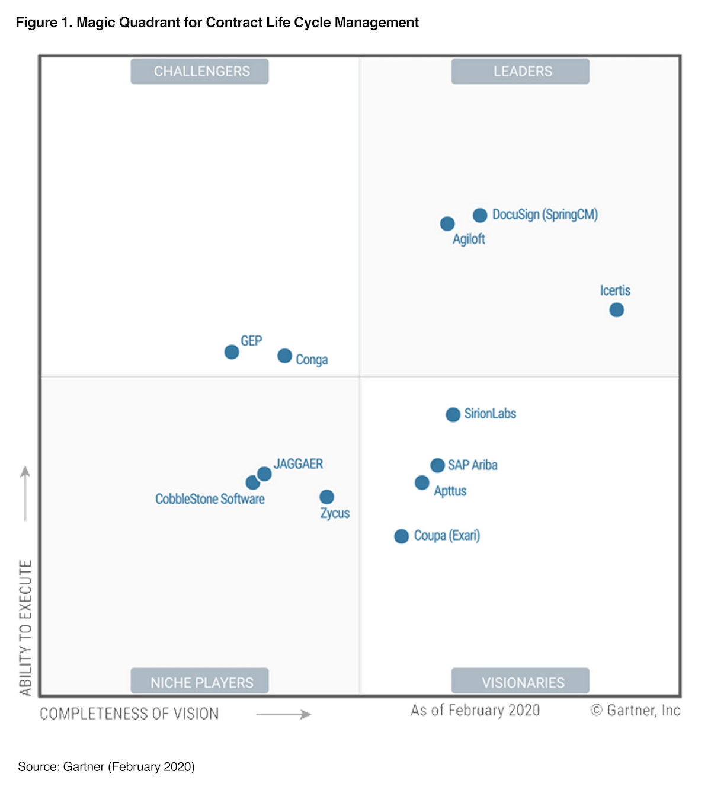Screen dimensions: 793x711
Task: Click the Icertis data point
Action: (x=616, y=310)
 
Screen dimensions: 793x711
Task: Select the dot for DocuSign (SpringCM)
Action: (x=480, y=215)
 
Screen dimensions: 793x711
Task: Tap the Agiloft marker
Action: (x=447, y=224)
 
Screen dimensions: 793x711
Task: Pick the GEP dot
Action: (x=232, y=352)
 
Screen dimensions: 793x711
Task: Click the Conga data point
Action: (x=285, y=356)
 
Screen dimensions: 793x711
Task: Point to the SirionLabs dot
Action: (x=453, y=415)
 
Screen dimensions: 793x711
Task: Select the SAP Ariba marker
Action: (x=437, y=466)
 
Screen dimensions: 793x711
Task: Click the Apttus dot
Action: (x=422, y=483)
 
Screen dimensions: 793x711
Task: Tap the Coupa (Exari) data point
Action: (x=402, y=536)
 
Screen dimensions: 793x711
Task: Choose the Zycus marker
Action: (x=326, y=497)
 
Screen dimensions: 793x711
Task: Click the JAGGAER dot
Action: (x=264, y=474)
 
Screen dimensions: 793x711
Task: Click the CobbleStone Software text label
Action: (x=210, y=499)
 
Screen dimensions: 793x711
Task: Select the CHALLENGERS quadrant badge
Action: (x=200, y=72)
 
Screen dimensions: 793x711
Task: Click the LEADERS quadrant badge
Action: (x=520, y=72)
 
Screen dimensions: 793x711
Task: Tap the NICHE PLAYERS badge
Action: (x=200, y=682)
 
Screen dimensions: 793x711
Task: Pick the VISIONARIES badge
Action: (x=520, y=682)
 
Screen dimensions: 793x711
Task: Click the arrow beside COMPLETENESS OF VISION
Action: (x=284, y=715)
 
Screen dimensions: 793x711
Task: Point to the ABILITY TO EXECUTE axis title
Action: (x=25, y=627)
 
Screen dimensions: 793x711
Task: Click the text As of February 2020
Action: (x=475, y=710)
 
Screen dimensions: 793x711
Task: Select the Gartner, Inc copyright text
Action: (x=636, y=710)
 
